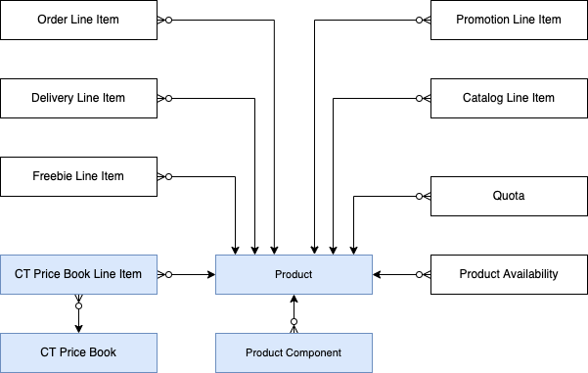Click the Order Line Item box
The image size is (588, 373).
[x=78, y=20]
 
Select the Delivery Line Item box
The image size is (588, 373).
[x=78, y=98]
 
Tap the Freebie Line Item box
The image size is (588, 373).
[x=78, y=176]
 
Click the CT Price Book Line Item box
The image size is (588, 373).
[x=78, y=274]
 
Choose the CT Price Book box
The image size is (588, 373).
[x=78, y=351]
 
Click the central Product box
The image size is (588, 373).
[x=294, y=274]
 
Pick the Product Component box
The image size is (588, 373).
[x=294, y=351]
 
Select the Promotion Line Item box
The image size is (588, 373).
[x=509, y=20]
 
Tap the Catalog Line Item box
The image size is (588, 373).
[x=509, y=98]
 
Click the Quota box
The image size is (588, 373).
[x=509, y=196]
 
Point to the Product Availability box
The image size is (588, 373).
[x=509, y=274]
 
